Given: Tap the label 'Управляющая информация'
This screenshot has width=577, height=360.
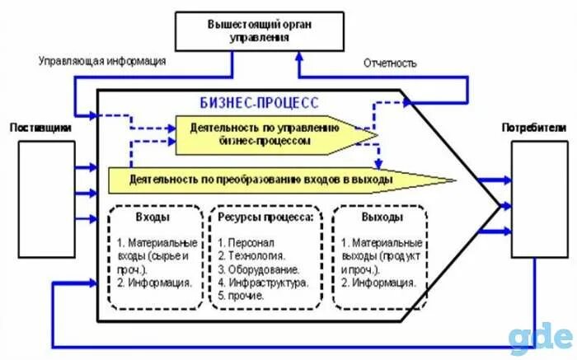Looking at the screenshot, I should (103, 61).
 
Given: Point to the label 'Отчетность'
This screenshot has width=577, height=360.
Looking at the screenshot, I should (390, 63).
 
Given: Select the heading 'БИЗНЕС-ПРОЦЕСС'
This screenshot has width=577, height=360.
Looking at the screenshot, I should (260, 103).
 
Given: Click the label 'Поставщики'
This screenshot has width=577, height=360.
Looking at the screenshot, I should (40, 129).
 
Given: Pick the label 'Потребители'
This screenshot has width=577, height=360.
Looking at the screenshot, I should (533, 129).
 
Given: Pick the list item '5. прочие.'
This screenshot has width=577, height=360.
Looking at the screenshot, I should (242, 294).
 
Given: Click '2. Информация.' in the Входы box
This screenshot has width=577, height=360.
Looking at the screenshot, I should (155, 282).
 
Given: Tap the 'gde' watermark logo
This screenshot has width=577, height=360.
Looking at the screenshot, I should (540, 338).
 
